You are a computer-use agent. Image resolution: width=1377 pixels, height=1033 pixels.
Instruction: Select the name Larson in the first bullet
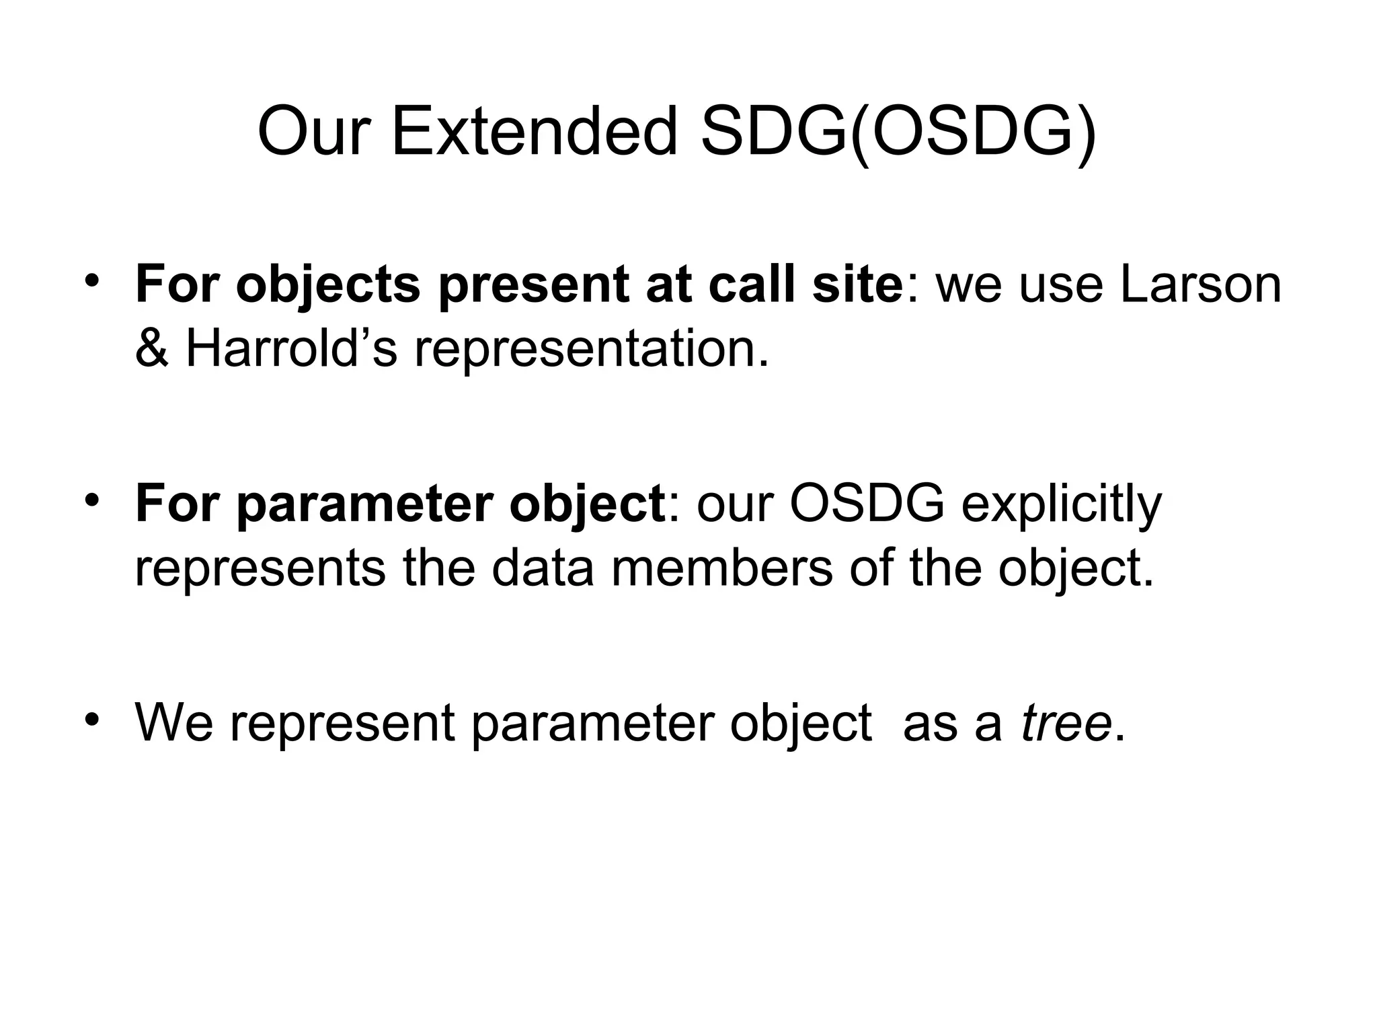coord(1200,284)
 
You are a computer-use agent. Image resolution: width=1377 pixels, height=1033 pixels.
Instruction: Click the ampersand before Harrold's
coord(151,350)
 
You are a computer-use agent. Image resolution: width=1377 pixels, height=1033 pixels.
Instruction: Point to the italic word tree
coord(1066,723)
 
